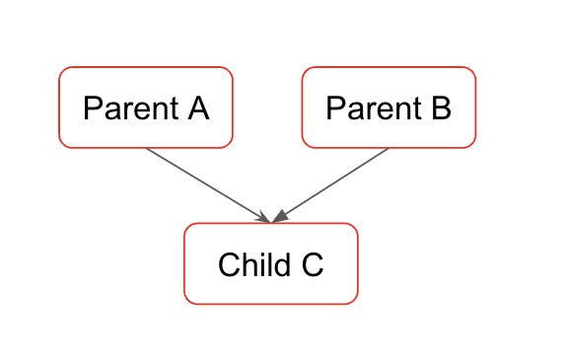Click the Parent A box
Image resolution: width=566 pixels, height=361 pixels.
[x=146, y=108]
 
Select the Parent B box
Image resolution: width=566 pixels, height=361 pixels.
[x=389, y=108]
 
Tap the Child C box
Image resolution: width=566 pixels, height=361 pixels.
[x=271, y=263]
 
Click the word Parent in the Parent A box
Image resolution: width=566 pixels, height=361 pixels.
[x=131, y=108]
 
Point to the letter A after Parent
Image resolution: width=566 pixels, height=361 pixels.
[x=198, y=108]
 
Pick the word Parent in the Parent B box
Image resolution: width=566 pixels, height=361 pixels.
[x=374, y=108]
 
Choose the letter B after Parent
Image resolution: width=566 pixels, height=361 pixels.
[x=442, y=108]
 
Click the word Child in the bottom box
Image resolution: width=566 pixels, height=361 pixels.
[x=254, y=264]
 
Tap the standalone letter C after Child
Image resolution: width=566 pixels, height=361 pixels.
[x=313, y=264]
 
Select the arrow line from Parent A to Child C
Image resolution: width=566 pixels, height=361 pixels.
[x=207, y=185]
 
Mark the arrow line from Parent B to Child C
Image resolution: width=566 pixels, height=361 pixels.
[x=330, y=185]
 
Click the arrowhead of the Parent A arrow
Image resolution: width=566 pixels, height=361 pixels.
[x=263, y=217]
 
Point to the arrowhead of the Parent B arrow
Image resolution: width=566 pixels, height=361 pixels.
[x=280, y=217]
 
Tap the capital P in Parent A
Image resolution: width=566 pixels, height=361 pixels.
[x=92, y=108]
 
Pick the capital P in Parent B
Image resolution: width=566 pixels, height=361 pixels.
[x=334, y=108]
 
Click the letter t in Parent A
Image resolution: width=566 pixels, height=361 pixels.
[x=175, y=108]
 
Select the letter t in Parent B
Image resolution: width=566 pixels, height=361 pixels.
[x=418, y=108]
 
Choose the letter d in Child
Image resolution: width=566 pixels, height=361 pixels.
[x=282, y=264]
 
